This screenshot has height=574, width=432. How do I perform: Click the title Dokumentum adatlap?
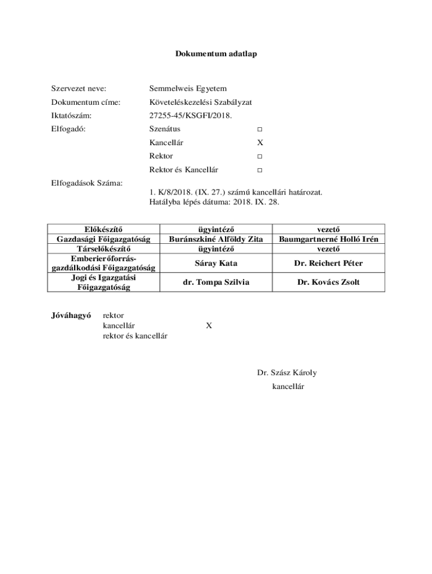click(x=216, y=54)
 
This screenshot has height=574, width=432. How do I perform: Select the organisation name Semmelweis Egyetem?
click(x=188, y=89)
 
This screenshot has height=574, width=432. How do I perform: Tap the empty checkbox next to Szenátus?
click(x=260, y=129)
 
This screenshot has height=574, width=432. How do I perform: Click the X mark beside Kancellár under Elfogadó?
click(x=260, y=143)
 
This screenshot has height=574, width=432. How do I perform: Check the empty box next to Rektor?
click(x=260, y=156)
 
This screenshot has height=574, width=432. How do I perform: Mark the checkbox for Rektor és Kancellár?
click(x=260, y=170)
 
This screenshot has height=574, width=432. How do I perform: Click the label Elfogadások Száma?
click(x=87, y=183)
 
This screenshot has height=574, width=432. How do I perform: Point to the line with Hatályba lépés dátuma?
click(x=214, y=201)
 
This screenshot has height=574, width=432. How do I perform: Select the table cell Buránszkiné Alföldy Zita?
click(x=216, y=239)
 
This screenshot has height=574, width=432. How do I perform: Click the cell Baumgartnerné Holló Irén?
click(x=328, y=239)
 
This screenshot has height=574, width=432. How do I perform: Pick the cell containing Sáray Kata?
click(x=216, y=263)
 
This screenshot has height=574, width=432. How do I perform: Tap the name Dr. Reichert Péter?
click(x=328, y=263)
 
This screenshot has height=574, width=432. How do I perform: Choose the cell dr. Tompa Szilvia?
click(x=216, y=283)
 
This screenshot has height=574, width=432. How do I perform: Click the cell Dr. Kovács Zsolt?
click(x=328, y=283)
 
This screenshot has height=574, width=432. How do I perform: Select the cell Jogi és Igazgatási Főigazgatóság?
click(x=104, y=283)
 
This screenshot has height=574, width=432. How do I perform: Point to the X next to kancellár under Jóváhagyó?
click(x=209, y=325)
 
